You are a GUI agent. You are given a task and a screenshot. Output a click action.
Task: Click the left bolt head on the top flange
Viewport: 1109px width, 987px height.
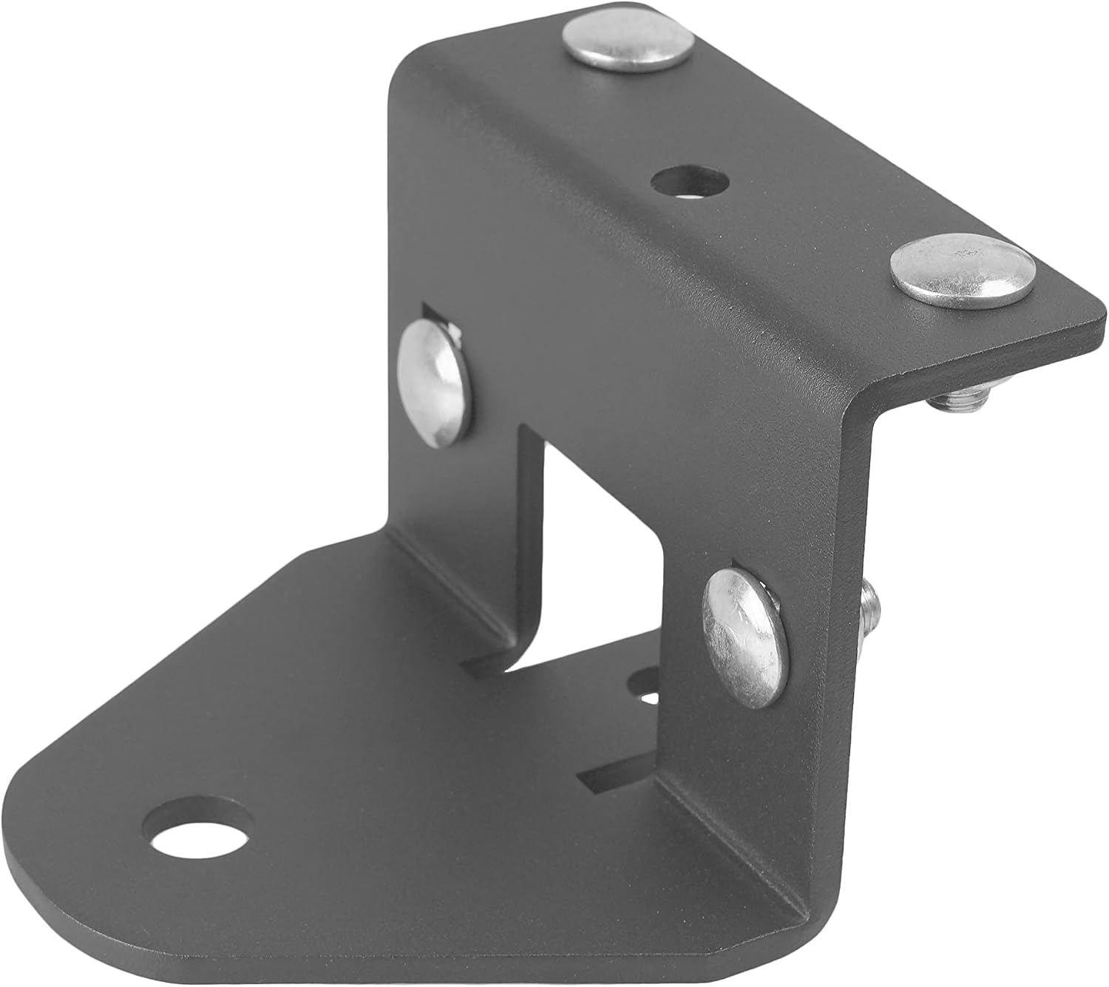pos(628,46)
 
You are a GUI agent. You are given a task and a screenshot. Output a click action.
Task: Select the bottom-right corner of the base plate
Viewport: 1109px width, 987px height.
pos(806,969)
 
